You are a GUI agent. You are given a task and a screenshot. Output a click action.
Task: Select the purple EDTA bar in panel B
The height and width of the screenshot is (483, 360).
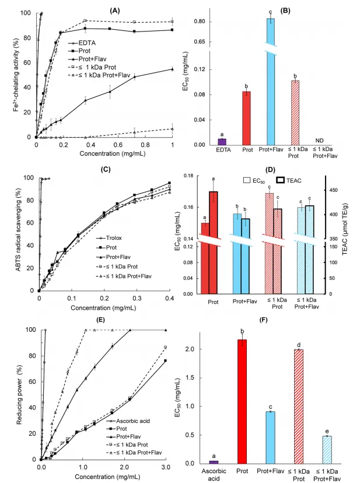[222, 142]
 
